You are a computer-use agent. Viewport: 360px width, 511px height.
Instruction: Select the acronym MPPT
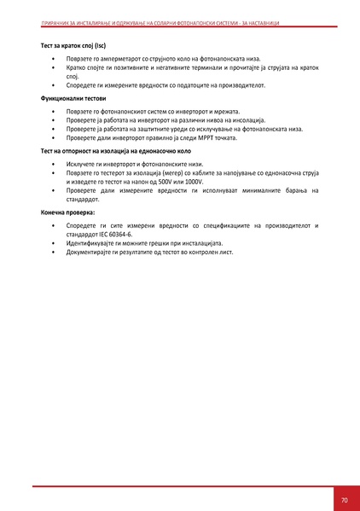coord(193,136)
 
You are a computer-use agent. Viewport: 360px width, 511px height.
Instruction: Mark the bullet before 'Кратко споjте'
coord(53,67)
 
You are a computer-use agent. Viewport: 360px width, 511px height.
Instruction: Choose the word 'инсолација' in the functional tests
coord(247,120)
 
